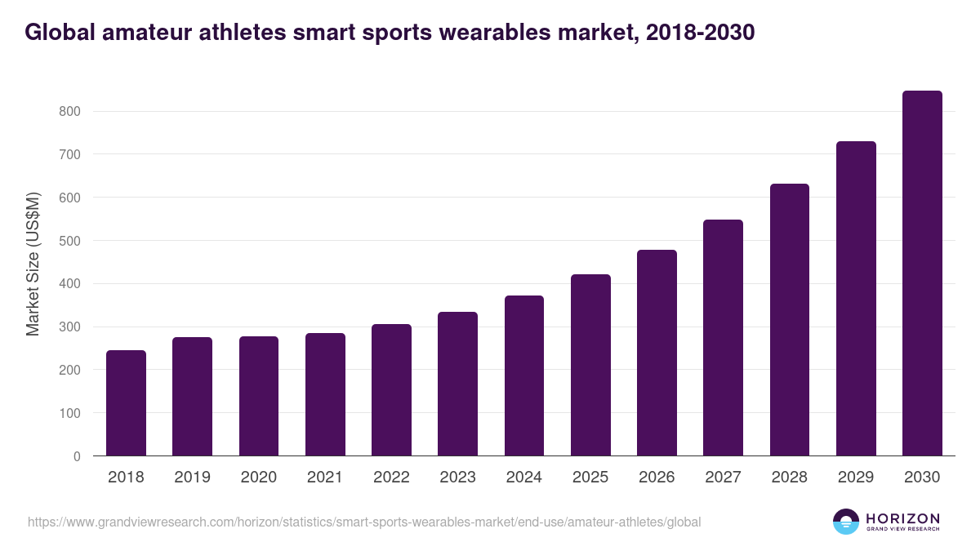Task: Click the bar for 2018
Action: coord(126,403)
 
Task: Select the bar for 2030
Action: coord(922,273)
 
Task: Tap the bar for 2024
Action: coord(524,375)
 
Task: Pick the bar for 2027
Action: coord(723,338)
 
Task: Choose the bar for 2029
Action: coord(856,299)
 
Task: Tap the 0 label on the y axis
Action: coord(77,456)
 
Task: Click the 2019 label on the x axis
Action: coord(192,478)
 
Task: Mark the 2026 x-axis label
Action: coord(657,478)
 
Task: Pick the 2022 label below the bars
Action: coord(391,478)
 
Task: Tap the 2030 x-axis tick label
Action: coord(922,478)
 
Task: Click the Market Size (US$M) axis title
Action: coord(33,264)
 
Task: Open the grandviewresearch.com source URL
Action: coord(364,522)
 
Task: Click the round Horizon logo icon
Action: coord(846,522)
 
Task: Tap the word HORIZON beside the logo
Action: coord(902,518)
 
